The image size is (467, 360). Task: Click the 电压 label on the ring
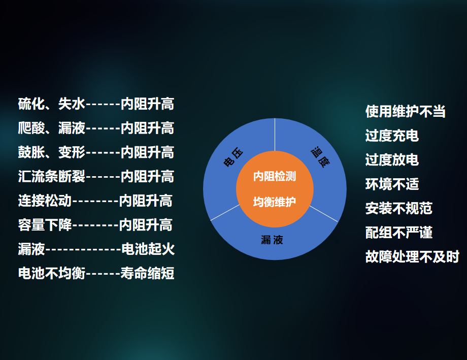click(x=233, y=157)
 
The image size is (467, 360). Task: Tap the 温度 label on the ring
click(x=320, y=157)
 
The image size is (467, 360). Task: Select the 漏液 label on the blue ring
click(x=272, y=240)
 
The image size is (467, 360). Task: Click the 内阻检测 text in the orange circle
click(x=275, y=176)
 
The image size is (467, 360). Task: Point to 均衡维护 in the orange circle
click(x=275, y=202)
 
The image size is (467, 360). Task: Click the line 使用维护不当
click(x=406, y=112)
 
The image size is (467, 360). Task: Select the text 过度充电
click(x=392, y=136)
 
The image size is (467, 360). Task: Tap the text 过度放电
click(x=392, y=160)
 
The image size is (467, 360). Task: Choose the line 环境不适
click(x=392, y=184)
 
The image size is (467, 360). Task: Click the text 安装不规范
click(x=399, y=208)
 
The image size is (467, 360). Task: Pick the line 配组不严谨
click(x=399, y=233)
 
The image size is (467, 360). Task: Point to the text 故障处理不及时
click(x=412, y=256)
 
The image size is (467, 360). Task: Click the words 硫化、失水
click(x=52, y=104)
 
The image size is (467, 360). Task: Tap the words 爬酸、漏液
click(x=52, y=128)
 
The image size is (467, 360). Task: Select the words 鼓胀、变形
click(x=52, y=152)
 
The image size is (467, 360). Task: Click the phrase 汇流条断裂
click(x=52, y=176)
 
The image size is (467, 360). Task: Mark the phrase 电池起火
click(x=148, y=249)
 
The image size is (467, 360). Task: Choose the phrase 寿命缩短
click(x=147, y=273)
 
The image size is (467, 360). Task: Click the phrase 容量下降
click(x=45, y=225)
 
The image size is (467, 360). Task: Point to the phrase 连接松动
click(x=45, y=201)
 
